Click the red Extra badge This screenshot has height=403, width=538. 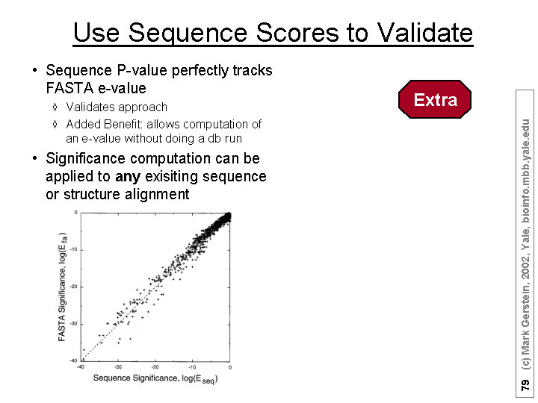point(435,99)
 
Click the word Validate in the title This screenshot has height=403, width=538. point(425,33)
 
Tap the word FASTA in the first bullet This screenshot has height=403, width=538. point(69,88)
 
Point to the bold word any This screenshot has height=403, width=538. point(128,177)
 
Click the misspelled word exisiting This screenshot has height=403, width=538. point(171,176)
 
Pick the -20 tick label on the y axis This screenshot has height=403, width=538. point(74,287)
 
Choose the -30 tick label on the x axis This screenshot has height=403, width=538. point(118,367)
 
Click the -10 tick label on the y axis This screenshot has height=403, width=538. point(74,249)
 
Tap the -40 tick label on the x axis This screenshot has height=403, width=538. point(81,367)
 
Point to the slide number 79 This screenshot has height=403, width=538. point(525,385)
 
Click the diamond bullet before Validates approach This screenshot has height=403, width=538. point(55,107)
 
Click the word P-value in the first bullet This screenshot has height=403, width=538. point(142,70)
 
